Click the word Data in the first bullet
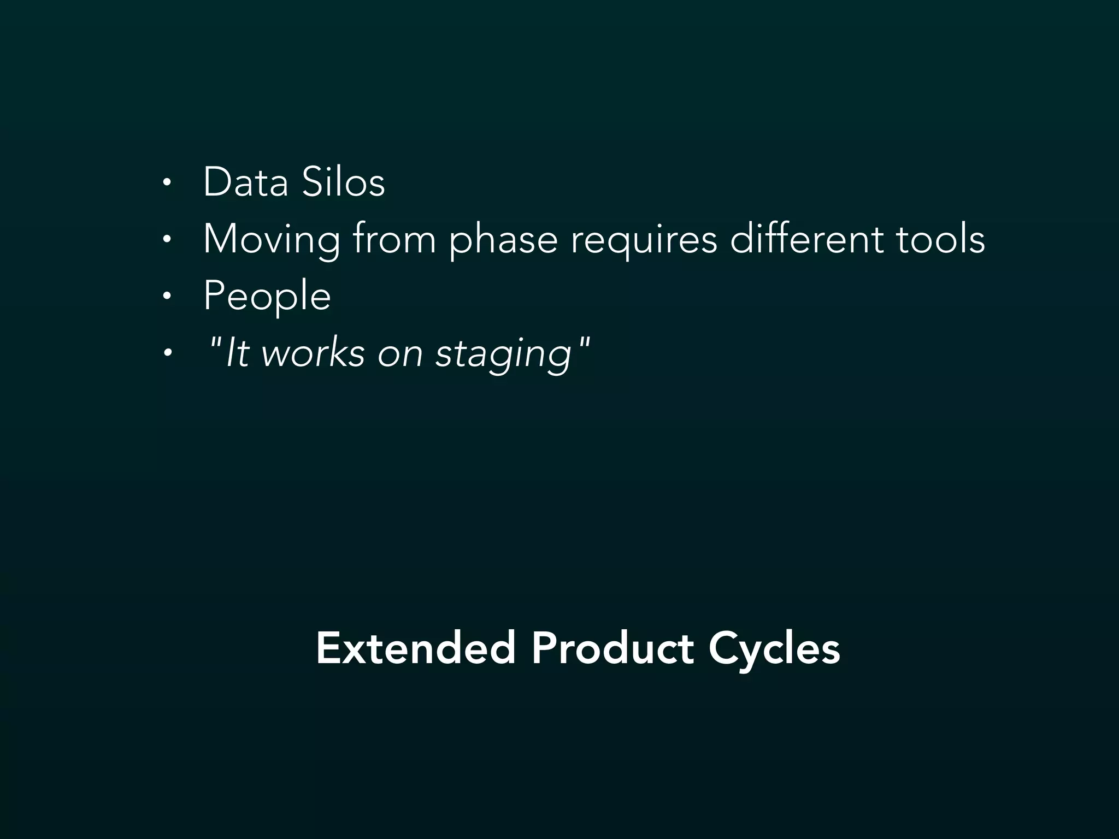[245, 182]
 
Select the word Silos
[343, 182]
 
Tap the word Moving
[271, 240]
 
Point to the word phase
[503, 240]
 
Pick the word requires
[644, 240]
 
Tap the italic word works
[313, 353]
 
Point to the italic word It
[237, 353]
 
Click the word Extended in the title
[416, 648]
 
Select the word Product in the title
[612, 648]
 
